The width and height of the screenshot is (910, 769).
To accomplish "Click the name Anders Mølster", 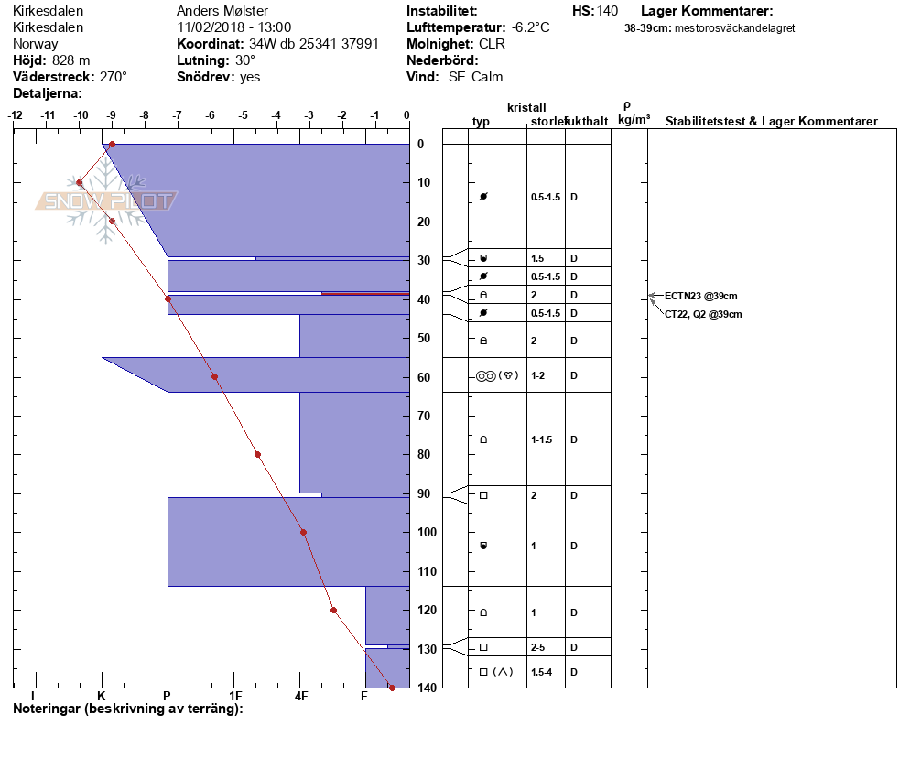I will [222, 11].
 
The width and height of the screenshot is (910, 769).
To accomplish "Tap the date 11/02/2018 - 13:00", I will [234, 27].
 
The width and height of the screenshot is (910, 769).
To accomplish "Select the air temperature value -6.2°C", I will [531, 27].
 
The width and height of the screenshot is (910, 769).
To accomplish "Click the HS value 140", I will [607, 11].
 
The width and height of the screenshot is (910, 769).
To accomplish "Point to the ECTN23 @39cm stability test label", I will [700, 296].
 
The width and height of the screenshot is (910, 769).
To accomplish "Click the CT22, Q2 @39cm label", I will [703, 314].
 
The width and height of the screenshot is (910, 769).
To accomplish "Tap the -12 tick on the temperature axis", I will [16, 115].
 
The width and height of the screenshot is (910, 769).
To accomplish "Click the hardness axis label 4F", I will [301, 697].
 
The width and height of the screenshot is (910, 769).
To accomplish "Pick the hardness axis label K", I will [102, 697].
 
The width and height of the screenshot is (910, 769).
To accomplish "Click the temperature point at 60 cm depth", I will [214, 376].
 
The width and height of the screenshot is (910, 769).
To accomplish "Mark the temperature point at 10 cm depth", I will [80, 182].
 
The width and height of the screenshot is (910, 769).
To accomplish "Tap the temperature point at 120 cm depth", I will [333, 610].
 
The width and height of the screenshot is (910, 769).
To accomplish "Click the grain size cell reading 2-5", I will [538, 647].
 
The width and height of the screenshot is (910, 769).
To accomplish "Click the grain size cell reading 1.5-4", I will [543, 672].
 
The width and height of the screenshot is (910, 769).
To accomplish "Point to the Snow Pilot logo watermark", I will [107, 202].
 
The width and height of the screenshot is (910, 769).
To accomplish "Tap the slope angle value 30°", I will [245, 60].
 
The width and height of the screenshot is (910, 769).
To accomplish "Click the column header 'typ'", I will [482, 122].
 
